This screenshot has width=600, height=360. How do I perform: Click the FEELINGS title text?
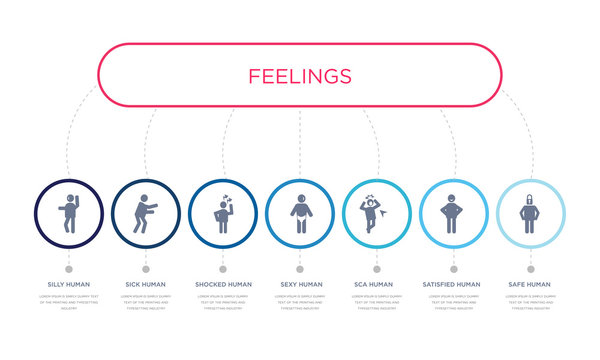pyautogui.click(x=300, y=76)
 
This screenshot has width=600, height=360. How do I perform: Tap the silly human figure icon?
pyautogui.click(x=69, y=213)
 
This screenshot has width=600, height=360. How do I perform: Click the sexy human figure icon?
pyautogui.click(x=300, y=214)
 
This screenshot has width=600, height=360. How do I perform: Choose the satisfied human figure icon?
pyautogui.click(x=453, y=213)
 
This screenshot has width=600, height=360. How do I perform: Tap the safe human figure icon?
pyautogui.click(x=530, y=214)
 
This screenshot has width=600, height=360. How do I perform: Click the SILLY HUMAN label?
pyautogui.click(x=69, y=284)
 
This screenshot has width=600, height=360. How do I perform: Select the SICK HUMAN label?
pyautogui.click(x=146, y=284)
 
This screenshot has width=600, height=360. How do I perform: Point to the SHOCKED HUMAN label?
pyautogui.click(x=223, y=284)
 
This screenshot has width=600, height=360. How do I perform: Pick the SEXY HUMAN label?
pyautogui.click(x=300, y=284)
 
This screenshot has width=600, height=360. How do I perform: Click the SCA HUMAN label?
pyautogui.click(x=377, y=284)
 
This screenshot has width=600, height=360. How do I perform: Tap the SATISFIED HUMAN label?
pyautogui.click(x=453, y=284)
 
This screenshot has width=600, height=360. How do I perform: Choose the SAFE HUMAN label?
pyautogui.click(x=530, y=284)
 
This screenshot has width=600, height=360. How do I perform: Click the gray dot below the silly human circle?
pyautogui.click(x=69, y=268)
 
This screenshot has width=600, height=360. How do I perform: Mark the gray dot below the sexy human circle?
pyautogui.click(x=300, y=268)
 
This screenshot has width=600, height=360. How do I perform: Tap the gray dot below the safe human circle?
pyautogui.click(x=530, y=268)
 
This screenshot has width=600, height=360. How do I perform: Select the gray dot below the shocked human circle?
pyautogui.click(x=223, y=268)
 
